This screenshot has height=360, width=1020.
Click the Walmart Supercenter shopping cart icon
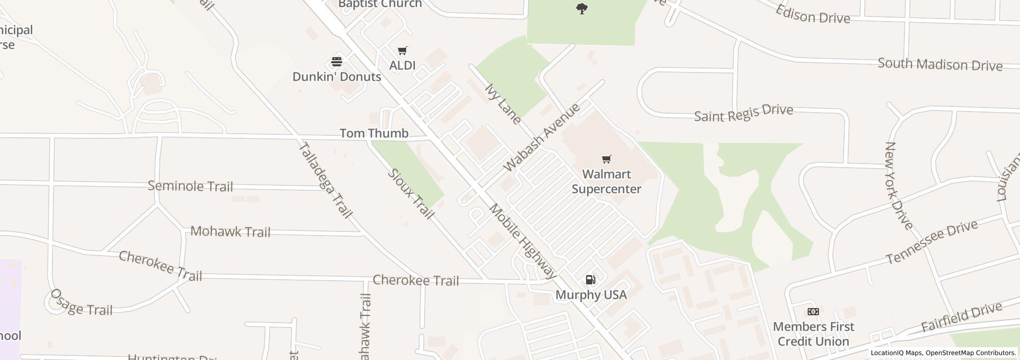coord(607,159)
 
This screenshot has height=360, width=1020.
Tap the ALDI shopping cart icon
coord(403,50)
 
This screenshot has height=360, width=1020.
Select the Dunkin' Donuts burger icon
coord(337,62)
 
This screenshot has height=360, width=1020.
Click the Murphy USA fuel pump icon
coord(591,280)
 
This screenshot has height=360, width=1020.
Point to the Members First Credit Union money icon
coord(813,312)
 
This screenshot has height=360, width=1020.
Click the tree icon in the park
coord(581,9)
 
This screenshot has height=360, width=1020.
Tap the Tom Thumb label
coord(374,133)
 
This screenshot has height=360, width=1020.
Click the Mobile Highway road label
coord(523,241)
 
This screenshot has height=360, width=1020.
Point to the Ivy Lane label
coord(503,104)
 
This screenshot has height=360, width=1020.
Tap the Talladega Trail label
coord(325,179)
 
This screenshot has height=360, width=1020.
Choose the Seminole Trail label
coord(190,186)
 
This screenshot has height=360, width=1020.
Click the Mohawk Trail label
coord(230,231)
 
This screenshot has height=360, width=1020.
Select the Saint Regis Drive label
coord(743,113)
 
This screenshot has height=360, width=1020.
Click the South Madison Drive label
coord(940,65)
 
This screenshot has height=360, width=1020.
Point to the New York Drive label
coord(898,186)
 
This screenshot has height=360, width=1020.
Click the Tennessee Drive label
coord(931,242)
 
